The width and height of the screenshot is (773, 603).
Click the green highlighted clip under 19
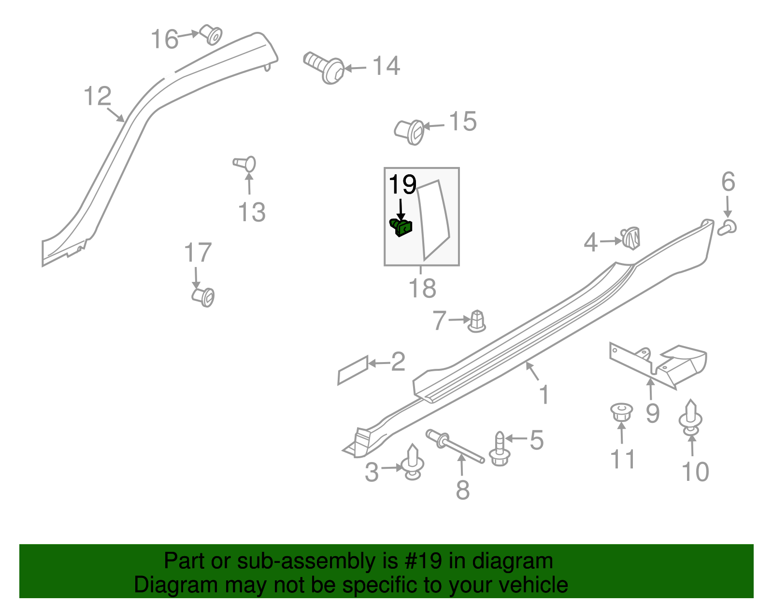click(x=401, y=227)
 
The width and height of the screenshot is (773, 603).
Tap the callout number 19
click(x=402, y=185)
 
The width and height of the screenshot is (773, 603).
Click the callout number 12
click(x=98, y=97)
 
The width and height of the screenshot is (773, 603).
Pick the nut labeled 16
click(x=211, y=34)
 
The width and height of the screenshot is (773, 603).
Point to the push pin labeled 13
click(x=245, y=164)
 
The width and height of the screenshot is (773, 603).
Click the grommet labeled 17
click(x=203, y=296)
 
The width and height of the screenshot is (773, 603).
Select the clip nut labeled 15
click(x=410, y=132)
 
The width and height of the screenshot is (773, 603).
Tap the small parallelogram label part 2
click(x=353, y=370)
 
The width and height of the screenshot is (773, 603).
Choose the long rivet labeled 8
click(x=455, y=446)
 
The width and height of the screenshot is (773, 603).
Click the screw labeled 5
click(x=500, y=449)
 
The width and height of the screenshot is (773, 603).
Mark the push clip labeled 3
click(x=413, y=463)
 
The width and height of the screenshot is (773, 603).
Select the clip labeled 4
click(x=631, y=237)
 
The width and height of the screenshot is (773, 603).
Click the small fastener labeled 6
click(x=728, y=227)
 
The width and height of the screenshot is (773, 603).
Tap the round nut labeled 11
click(x=621, y=413)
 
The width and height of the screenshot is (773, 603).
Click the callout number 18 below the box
click(x=422, y=289)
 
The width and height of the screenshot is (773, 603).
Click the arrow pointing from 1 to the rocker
click(x=532, y=371)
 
